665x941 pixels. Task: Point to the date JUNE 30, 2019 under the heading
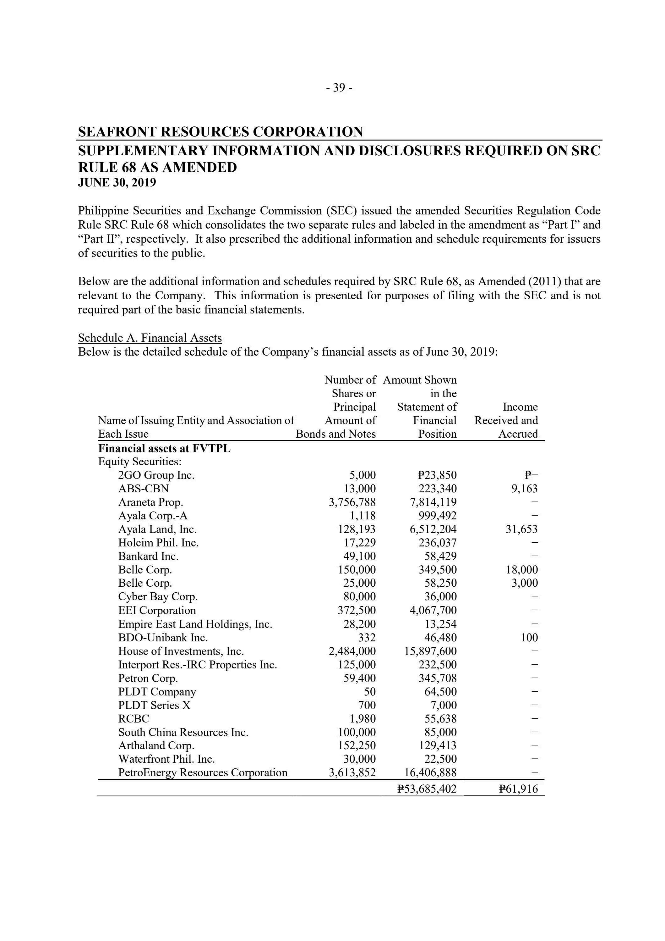pyautogui.click(x=117, y=182)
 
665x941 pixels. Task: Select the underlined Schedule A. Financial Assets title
pyautogui.click(x=150, y=338)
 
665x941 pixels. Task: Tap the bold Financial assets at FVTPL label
pyautogui.click(x=164, y=448)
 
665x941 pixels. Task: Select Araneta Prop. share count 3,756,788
pyautogui.click(x=352, y=502)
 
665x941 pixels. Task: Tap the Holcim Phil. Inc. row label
pyautogui.click(x=158, y=543)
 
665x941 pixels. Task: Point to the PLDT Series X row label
pyautogui.click(x=154, y=705)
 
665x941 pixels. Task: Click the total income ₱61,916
pyautogui.click(x=518, y=789)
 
